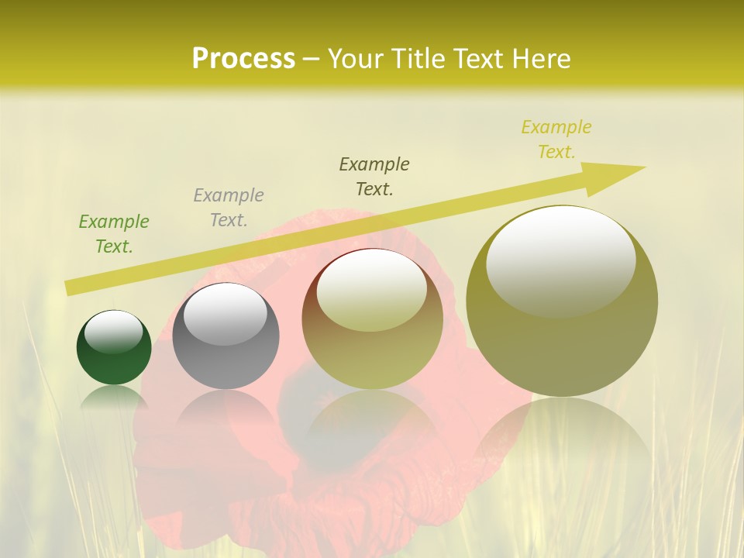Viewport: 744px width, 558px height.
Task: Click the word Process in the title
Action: pos(243,59)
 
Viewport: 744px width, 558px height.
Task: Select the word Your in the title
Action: pos(357,59)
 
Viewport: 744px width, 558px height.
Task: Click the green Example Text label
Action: pos(114,234)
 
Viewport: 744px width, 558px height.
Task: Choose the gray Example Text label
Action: pos(229,208)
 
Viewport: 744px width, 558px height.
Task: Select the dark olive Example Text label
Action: pos(374,177)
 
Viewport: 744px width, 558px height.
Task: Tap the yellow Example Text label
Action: pos(556,139)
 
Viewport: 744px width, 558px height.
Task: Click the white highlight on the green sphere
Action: pos(114,331)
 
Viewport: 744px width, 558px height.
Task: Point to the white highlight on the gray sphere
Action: pos(225,314)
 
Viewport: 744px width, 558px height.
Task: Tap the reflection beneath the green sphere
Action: pos(114,396)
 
